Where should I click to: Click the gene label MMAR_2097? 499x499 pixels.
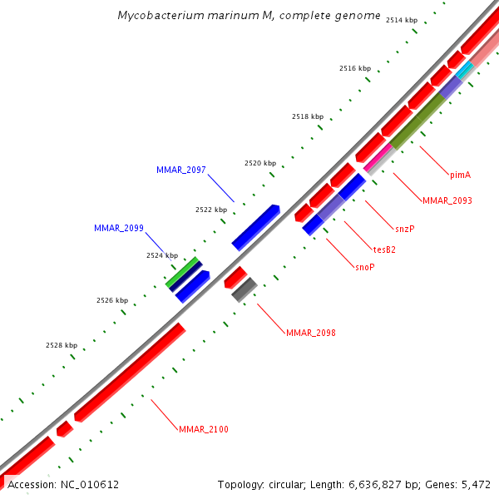180,170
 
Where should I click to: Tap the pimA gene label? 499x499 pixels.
460,175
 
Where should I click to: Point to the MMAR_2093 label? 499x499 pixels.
447,200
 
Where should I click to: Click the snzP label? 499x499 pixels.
405,228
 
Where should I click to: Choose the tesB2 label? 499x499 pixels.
383,248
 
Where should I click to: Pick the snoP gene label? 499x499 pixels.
365,267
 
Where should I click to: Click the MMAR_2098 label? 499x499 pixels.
310,333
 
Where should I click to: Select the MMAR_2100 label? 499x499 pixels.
203,429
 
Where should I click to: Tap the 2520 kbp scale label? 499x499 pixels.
259,164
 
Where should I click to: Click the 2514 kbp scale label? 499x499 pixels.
402,20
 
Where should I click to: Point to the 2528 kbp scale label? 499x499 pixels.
62,345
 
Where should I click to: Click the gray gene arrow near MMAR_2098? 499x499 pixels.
244,289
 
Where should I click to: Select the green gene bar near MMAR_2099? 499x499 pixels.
182,272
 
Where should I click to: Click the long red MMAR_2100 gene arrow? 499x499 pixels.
129,372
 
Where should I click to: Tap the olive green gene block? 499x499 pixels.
417,122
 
